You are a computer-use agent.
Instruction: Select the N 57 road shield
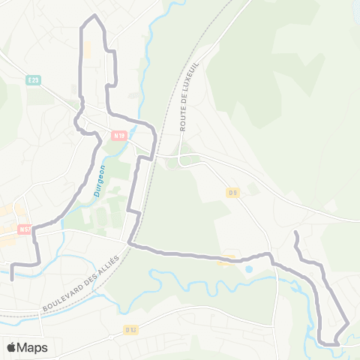coord(25,229)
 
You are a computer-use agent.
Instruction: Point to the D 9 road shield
coord(233,193)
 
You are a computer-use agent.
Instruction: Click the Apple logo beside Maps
coord(10,347)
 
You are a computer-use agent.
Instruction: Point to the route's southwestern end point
coord(13,280)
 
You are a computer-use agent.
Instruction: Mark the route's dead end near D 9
coord(295,234)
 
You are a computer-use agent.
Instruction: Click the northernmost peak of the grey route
coord(94,16)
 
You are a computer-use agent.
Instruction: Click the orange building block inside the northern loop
coord(87,49)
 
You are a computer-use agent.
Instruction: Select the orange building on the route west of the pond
coord(226,262)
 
